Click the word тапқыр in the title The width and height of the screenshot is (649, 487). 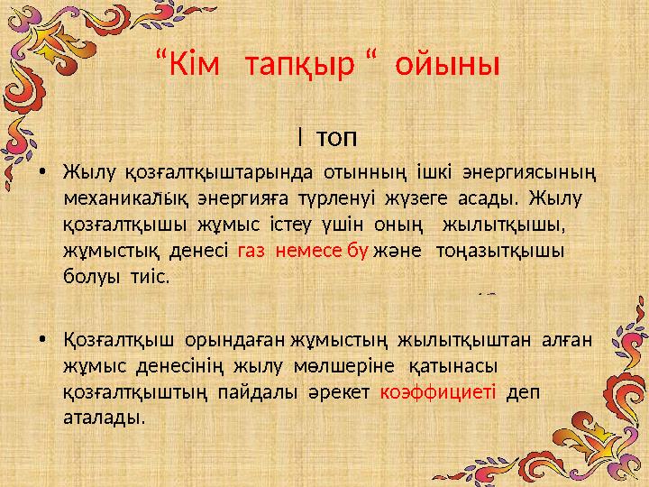(x=297, y=66)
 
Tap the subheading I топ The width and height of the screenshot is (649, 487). (x=325, y=138)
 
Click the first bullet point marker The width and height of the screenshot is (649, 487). (x=44, y=172)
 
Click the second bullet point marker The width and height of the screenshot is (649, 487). (x=44, y=342)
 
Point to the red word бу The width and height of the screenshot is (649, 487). (x=357, y=251)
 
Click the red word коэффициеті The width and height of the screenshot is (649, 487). (x=438, y=392)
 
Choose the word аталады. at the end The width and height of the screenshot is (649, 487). (x=104, y=418)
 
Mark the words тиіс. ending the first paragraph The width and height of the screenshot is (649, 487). (x=146, y=276)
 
